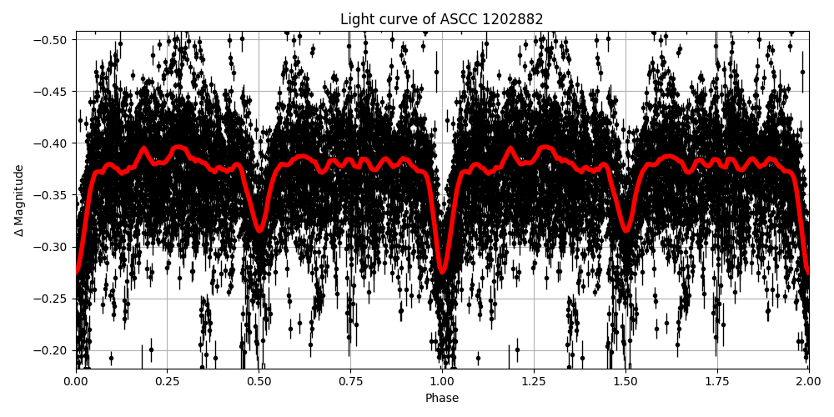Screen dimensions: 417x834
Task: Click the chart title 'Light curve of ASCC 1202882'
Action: point(442,19)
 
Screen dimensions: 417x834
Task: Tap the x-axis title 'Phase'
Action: point(442,399)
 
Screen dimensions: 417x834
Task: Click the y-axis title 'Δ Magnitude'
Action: point(19,200)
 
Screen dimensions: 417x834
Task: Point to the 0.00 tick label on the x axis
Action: point(76,382)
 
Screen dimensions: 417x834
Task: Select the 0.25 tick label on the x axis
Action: point(168,382)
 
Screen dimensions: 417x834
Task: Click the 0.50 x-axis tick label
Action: point(259,382)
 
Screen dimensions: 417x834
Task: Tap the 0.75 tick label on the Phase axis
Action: point(350,382)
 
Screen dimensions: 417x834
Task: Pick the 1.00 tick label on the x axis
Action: point(442,382)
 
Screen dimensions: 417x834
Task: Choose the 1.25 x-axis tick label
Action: point(534,382)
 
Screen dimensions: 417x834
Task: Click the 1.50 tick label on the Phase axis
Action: point(625,382)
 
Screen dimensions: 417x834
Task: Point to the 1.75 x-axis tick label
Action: point(717,382)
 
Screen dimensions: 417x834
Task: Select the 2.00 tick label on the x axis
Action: point(808,382)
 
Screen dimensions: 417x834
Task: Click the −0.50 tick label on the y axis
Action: point(53,40)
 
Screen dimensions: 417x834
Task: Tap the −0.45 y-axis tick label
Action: point(53,92)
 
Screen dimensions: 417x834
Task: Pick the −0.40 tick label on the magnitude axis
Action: point(53,143)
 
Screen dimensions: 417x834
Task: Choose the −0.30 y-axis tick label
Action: point(53,247)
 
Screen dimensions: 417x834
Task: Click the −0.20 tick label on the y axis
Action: point(53,350)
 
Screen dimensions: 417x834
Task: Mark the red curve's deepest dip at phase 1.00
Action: point(442,272)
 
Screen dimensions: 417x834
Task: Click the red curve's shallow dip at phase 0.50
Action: point(259,231)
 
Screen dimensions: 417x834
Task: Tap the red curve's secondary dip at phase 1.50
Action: point(625,231)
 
